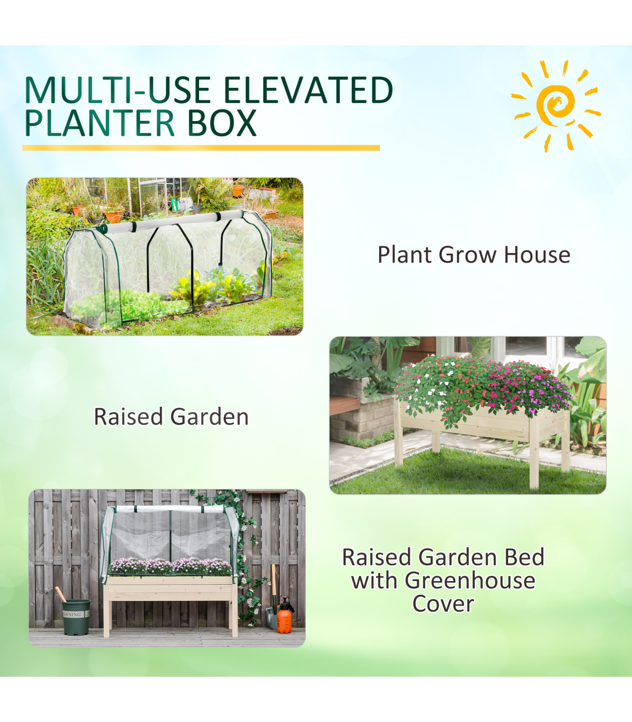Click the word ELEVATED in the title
click(x=308, y=91)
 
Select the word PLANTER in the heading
click(x=100, y=123)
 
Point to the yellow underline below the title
click(x=201, y=148)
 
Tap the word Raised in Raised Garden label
click(x=129, y=417)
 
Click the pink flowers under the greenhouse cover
click(x=170, y=566)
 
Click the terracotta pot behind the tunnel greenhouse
click(x=114, y=216)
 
